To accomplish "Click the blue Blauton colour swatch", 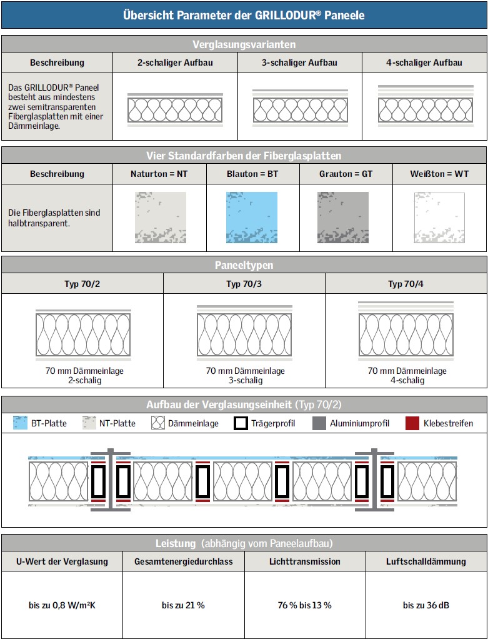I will (x=251, y=217).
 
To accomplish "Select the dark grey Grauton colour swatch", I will (x=343, y=217).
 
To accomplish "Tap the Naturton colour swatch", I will (x=161, y=217).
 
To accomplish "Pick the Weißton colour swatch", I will (x=439, y=217).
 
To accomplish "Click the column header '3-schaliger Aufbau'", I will (x=299, y=63).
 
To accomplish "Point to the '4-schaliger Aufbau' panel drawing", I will (x=425, y=106).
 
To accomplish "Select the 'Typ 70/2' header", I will (x=82, y=284).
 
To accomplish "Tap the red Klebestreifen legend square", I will (x=412, y=423).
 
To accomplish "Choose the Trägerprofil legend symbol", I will (x=241, y=423).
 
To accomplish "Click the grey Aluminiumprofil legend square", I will (x=319, y=423).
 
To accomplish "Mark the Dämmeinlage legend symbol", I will (x=157, y=423).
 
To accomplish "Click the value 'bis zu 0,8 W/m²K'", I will (x=62, y=605).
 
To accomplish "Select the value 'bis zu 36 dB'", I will (x=426, y=605).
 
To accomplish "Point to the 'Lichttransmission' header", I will (x=305, y=561).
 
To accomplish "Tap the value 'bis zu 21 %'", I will (x=183, y=605).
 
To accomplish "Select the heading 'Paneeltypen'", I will (x=244, y=265).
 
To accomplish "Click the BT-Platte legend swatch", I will (x=21, y=423).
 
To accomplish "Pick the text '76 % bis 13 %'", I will (x=304, y=605).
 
